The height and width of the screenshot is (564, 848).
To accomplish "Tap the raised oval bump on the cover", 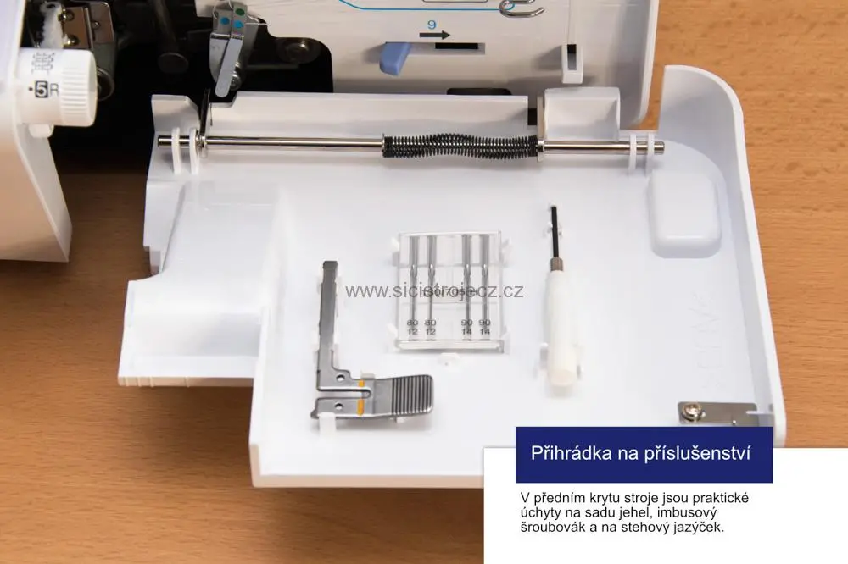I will click(x=683, y=216).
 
